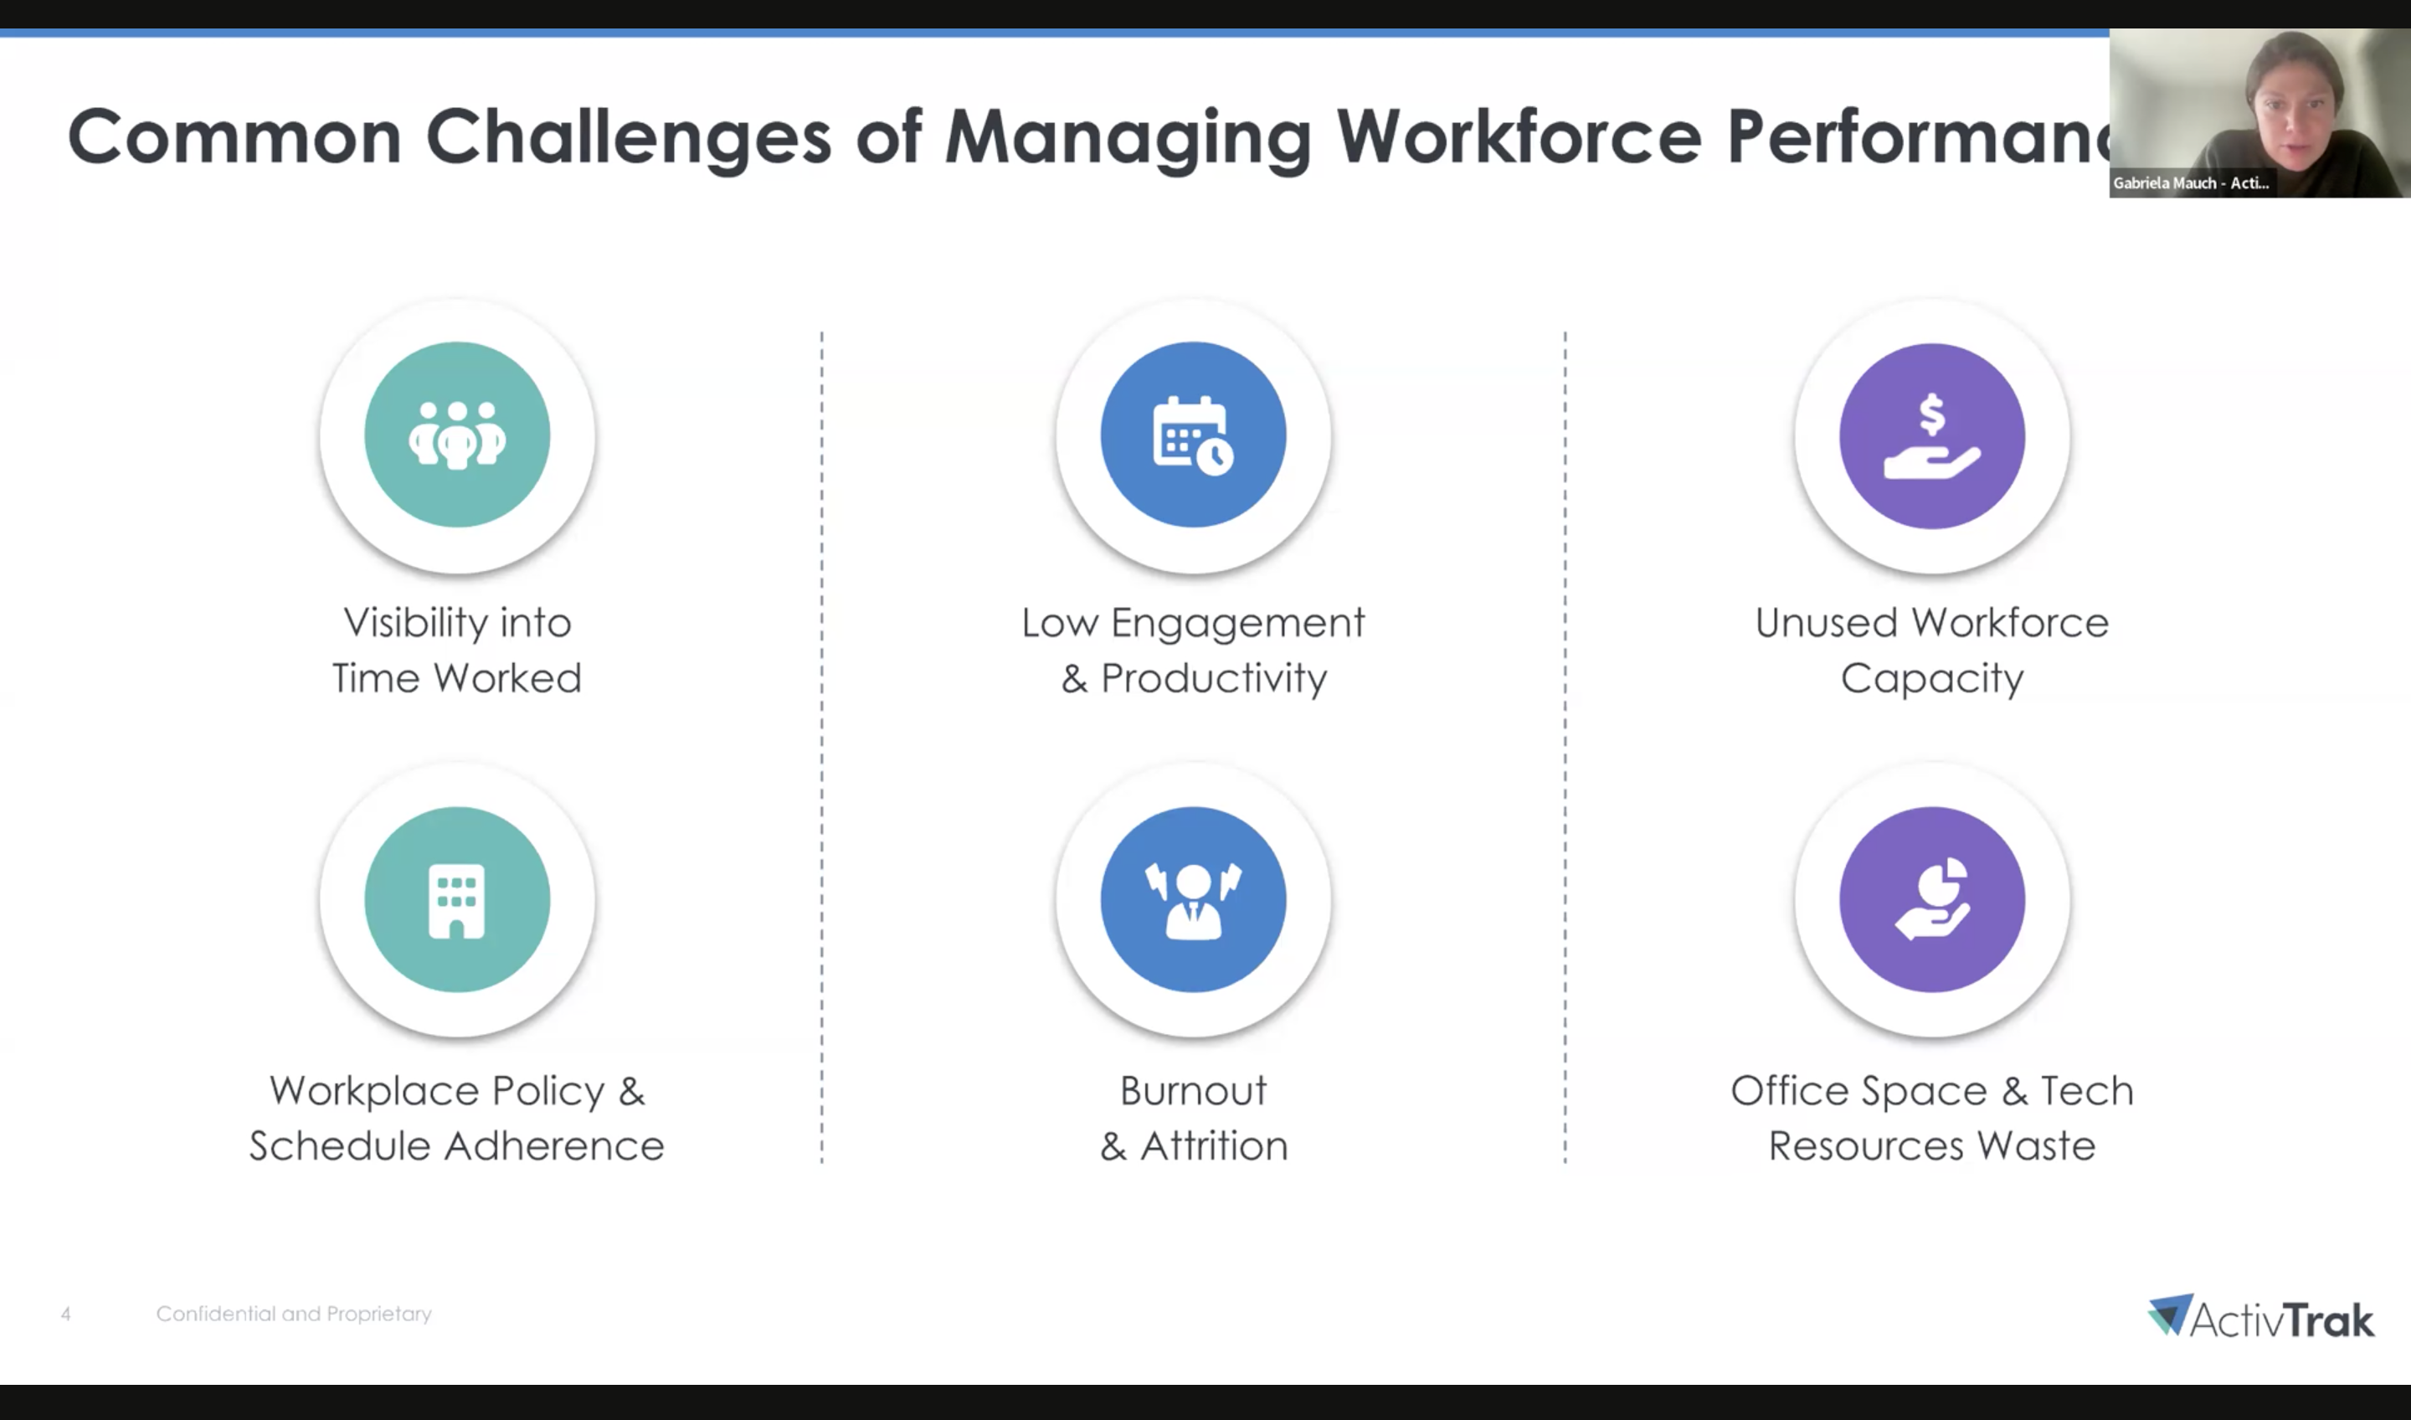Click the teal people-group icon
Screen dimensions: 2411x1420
tap(457, 435)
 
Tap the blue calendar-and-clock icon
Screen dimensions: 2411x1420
tap(1193, 435)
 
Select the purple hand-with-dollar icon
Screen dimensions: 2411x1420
tap(1931, 436)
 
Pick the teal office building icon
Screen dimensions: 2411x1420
tap(457, 899)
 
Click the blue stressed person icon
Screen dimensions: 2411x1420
tap(1193, 899)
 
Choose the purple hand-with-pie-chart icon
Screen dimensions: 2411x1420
tap(1931, 899)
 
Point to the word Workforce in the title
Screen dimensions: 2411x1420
tap(1519, 136)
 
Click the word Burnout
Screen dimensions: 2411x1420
tap(1193, 1091)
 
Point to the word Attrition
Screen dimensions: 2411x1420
tap(1214, 1145)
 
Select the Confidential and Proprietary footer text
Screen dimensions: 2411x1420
tap(294, 1314)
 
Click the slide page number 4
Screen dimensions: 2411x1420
tap(66, 1315)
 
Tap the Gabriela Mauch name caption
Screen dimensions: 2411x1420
tap(2191, 183)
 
